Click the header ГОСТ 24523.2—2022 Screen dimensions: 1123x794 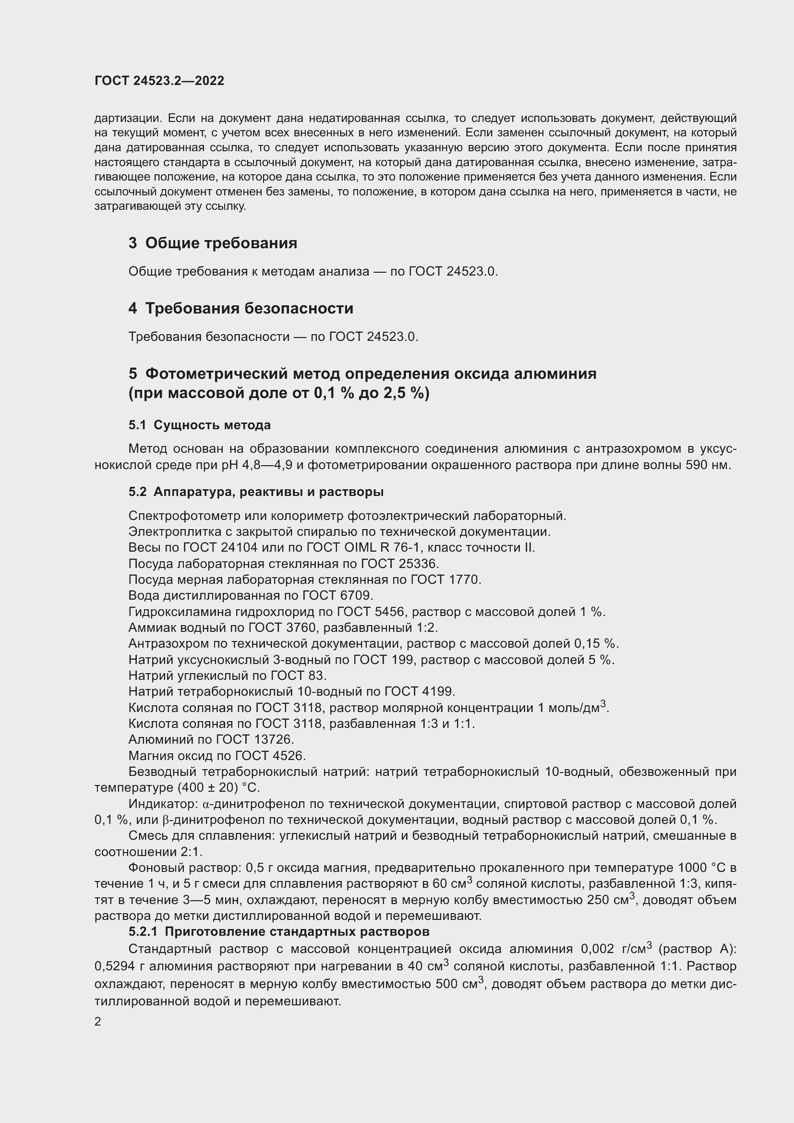(159, 81)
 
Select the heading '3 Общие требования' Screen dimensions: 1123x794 (213, 243)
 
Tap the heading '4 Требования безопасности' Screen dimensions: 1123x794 (241, 308)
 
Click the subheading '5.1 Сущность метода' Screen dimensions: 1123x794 (200, 425)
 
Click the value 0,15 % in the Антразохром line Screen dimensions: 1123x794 (595, 644)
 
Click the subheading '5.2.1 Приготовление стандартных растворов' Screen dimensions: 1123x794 (279, 932)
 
